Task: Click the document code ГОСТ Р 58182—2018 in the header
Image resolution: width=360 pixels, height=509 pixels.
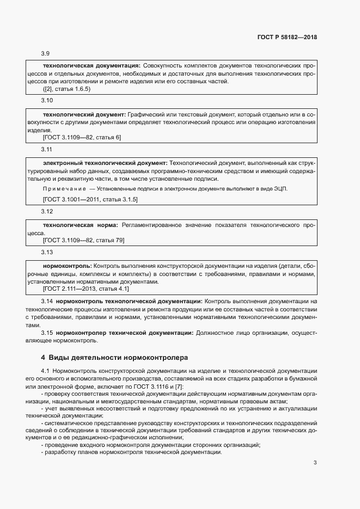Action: click(286, 38)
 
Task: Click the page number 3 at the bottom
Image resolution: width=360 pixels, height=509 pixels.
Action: click(315, 463)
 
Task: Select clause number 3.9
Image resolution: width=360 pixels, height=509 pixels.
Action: click(46, 53)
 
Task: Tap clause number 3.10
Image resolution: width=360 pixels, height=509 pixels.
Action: click(47, 101)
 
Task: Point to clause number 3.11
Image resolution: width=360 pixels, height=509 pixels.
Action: click(47, 149)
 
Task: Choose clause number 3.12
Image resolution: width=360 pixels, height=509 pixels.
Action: click(47, 211)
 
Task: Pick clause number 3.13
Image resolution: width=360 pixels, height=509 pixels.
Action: click(47, 252)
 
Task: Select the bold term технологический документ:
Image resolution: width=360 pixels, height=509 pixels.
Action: click(84, 114)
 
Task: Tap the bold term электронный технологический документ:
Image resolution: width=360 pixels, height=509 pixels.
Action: click(105, 163)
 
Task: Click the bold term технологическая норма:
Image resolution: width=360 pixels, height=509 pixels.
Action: click(81, 224)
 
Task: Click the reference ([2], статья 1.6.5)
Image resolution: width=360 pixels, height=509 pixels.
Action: click(66, 89)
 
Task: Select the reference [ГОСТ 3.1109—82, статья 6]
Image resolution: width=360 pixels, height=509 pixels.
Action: click(82, 137)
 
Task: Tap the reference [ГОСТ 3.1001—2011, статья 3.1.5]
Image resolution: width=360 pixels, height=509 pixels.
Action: click(90, 200)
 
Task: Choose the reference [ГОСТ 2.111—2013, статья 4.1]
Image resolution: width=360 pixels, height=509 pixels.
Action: click(86, 289)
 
